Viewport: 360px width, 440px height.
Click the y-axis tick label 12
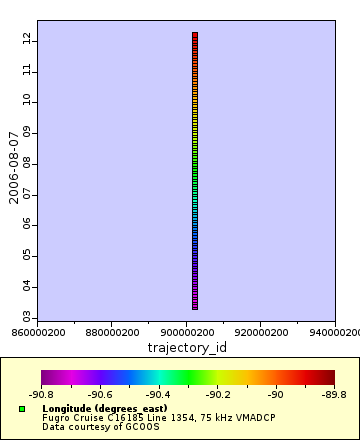[28, 39]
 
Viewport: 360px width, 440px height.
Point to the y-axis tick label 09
[28, 132]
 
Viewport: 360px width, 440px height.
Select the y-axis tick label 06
[28, 224]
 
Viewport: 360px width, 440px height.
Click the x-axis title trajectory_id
[187, 347]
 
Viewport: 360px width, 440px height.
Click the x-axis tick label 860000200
[38, 331]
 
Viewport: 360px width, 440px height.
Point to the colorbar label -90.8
[42, 395]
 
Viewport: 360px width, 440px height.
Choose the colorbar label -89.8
[334, 395]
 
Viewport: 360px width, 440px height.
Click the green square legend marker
[22, 409]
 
